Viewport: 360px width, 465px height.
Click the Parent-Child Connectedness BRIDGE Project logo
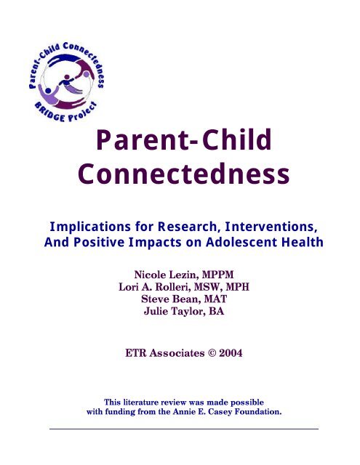67,82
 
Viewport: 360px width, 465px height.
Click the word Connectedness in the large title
184,174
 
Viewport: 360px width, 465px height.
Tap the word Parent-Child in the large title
184,139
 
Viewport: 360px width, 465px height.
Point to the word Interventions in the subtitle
271,227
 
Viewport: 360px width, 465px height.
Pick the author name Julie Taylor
175,311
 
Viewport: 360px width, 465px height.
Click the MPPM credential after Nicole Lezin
218,275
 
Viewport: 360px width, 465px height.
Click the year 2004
231,353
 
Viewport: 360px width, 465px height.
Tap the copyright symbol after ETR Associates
211,353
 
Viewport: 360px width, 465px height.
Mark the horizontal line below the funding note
184,429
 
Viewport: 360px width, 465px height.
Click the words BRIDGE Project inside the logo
66,113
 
